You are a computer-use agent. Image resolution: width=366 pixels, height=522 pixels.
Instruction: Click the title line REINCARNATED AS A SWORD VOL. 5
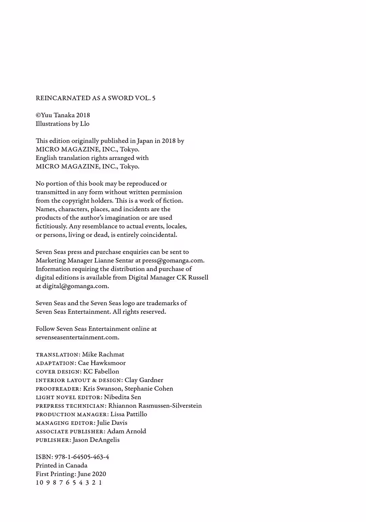coord(96,98)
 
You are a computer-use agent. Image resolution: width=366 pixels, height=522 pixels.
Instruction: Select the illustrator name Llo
coord(85,124)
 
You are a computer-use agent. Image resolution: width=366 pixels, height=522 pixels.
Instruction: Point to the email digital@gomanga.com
coord(75,286)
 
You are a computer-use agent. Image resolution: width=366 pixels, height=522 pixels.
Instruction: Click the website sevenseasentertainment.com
coord(77,337)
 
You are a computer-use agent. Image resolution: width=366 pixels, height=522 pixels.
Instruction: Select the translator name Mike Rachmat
coord(103,355)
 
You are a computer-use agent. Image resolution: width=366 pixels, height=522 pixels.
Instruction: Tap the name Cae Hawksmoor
coord(102,363)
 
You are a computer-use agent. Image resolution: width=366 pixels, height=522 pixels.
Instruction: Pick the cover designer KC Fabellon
coord(101,372)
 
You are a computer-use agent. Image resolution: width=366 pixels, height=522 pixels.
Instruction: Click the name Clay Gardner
coord(144,380)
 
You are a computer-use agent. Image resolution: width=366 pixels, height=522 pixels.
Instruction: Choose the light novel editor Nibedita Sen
coord(122,397)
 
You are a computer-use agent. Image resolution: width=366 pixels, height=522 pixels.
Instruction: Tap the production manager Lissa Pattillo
coord(129,414)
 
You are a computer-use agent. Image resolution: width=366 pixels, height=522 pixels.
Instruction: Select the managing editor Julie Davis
coord(112,423)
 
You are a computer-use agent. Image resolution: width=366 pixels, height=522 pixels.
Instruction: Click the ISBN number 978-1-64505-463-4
coord(82,457)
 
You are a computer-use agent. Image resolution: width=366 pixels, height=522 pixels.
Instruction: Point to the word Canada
coord(76,465)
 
